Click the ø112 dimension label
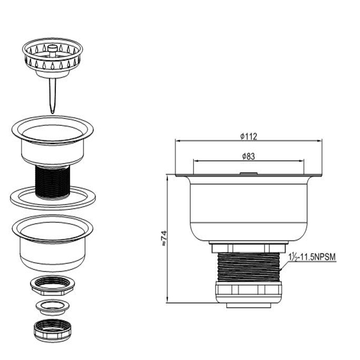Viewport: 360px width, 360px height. click(248, 136)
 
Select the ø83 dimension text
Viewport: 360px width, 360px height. click(248, 157)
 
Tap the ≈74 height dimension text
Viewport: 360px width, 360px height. click(164, 238)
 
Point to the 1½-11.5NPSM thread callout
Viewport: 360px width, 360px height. click(312, 257)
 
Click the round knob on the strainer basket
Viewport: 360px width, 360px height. click(52, 48)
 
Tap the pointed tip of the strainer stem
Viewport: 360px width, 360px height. click(53, 113)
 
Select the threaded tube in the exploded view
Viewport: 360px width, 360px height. click(53, 181)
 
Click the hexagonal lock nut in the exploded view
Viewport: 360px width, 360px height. click(52, 286)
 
